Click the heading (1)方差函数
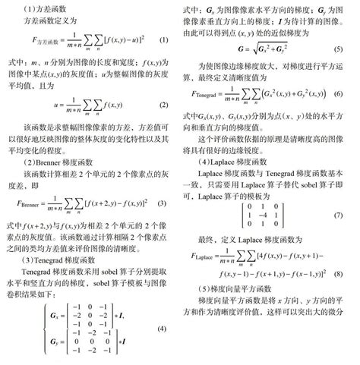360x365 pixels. pos(39,8)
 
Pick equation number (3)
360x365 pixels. pos(163,204)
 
